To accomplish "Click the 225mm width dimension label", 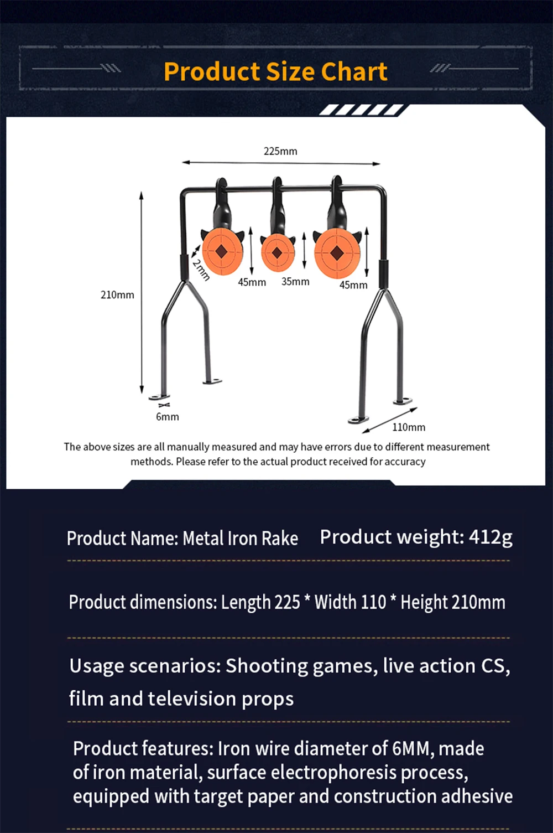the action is tap(280, 151).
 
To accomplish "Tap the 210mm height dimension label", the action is tap(117, 295).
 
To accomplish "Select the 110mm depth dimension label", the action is tap(409, 427).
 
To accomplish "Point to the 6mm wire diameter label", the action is tap(167, 417).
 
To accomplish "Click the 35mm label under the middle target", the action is tap(295, 282).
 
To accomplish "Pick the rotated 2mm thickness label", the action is tap(201, 270).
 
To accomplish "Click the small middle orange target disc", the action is tap(278, 252).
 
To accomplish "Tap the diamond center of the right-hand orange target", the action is tap(337, 253).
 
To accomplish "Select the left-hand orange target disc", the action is tap(222, 251).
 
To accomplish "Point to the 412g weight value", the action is tap(491, 537).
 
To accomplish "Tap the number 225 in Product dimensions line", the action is tap(287, 602).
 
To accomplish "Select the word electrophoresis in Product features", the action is tap(333, 772).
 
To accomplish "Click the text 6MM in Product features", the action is tap(411, 748).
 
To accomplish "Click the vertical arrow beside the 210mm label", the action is tap(142, 293).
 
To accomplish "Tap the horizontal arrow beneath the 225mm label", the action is tap(281, 163).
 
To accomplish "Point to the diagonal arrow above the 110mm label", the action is tap(390, 420).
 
